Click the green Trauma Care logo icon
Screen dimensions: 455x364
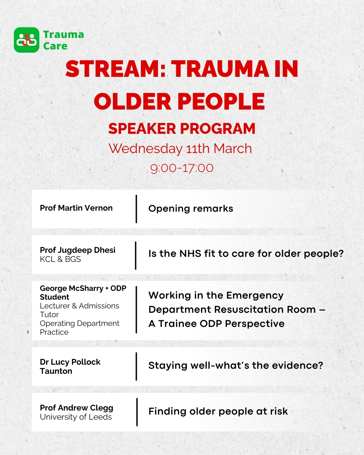[x=27, y=40]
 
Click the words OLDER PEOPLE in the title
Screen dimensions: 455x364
[x=179, y=101]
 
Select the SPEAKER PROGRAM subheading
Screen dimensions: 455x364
[x=182, y=129]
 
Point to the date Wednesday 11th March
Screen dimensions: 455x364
[x=180, y=149]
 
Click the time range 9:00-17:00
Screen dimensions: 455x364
[x=182, y=168]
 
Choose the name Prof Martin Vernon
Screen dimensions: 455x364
[x=76, y=208]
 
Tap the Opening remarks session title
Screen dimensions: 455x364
[x=191, y=209]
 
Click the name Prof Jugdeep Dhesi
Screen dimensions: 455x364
[x=78, y=250]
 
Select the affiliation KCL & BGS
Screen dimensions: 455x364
[x=60, y=259]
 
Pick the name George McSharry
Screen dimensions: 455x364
[x=71, y=289]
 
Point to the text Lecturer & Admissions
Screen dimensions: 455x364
[x=80, y=306]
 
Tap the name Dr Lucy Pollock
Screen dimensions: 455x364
[x=70, y=362]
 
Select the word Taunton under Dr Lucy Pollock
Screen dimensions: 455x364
[x=56, y=371]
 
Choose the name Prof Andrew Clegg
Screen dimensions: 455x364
[x=77, y=408]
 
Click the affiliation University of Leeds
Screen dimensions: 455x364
[x=76, y=417]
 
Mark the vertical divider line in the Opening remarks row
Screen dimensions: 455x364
[x=136, y=209]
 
